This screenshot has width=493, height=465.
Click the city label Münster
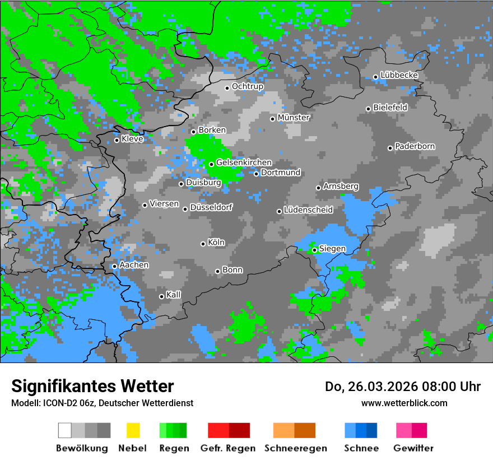[x=294, y=118]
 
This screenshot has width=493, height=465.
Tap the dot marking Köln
[x=203, y=244]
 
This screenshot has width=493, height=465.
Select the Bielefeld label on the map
[x=390, y=107]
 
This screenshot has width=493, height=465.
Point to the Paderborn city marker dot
[x=390, y=148]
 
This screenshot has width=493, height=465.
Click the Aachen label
[x=134, y=264]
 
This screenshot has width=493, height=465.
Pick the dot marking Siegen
[x=314, y=250]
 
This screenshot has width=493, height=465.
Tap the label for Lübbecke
[x=399, y=75]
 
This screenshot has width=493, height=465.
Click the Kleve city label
[x=132, y=139]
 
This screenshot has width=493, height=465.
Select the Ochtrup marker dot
[x=227, y=87]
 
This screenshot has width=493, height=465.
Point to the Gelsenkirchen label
[x=244, y=162]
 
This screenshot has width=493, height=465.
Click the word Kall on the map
[x=174, y=295]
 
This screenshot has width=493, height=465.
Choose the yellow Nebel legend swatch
[x=133, y=430]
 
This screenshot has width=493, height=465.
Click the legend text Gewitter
[x=413, y=448]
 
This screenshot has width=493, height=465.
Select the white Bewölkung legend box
[x=65, y=430]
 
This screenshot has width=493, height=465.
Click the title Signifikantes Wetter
[x=92, y=386]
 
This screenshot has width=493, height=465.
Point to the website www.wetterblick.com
[x=404, y=403]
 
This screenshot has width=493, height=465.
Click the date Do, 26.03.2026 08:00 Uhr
[x=403, y=387]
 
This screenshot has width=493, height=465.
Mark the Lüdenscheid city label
[x=308, y=210]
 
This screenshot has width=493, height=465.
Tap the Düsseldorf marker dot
[x=185, y=209]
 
